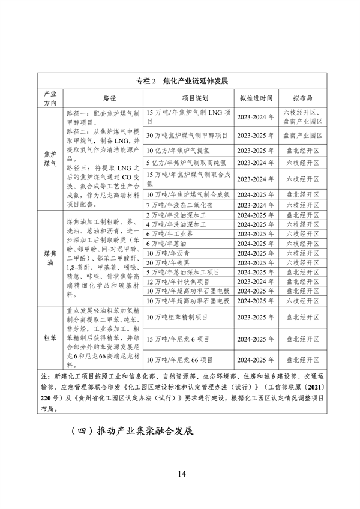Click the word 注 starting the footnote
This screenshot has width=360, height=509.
44,375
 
